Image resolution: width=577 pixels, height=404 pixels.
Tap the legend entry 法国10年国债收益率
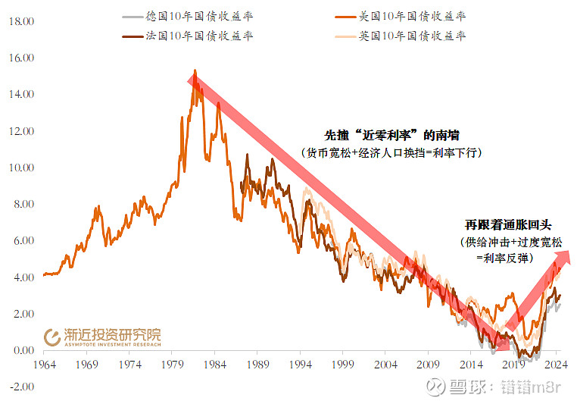point(199,36)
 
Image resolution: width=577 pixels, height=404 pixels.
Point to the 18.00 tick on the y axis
point(21,21)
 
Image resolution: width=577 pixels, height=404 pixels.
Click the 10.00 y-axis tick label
point(21,168)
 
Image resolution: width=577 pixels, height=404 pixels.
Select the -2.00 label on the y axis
point(21,387)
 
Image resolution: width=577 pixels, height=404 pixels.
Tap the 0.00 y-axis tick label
point(23,350)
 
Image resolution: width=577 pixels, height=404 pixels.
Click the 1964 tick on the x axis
point(45,364)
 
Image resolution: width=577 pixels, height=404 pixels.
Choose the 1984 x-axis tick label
point(216,364)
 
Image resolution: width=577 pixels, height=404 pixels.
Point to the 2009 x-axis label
point(429,364)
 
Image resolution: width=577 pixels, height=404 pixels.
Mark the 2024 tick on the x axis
point(556,364)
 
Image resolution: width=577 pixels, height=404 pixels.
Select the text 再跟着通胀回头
point(509,225)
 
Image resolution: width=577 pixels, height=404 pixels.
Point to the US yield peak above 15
point(195,71)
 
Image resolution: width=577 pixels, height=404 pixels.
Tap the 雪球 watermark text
point(466,387)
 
